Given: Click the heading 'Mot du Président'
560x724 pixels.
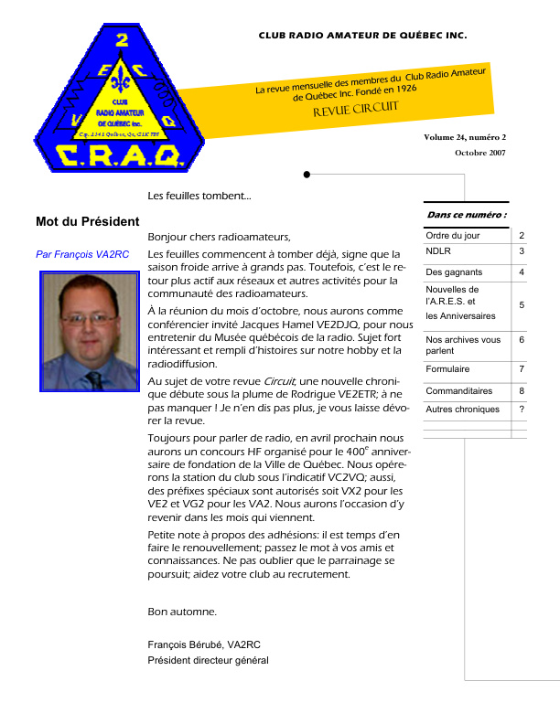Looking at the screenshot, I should click(87, 221).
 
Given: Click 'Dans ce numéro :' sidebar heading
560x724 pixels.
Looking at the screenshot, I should click(467, 215).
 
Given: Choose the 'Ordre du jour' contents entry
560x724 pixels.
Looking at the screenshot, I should click(453, 236).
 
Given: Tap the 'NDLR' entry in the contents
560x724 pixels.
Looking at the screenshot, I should click(438, 250).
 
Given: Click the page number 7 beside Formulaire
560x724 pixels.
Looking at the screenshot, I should click(522, 369).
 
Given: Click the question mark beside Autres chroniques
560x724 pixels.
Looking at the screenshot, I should click(522, 410).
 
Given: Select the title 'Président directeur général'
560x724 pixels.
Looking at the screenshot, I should click(208, 661).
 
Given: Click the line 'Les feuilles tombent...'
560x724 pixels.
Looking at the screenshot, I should click(199, 196).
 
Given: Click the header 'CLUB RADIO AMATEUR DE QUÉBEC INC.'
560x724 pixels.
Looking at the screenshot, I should click(362, 37).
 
